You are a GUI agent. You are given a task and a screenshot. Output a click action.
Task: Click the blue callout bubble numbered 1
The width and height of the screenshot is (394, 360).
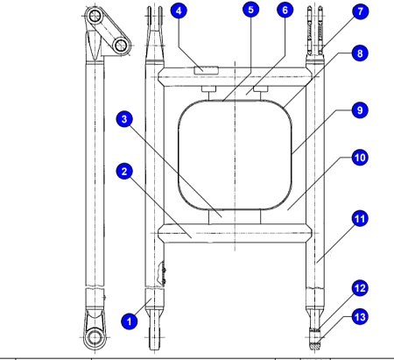(130, 321)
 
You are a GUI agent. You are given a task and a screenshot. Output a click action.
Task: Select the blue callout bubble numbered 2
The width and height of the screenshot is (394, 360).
(124, 172)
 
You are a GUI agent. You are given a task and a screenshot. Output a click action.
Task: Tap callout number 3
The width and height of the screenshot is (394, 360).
(124, 119)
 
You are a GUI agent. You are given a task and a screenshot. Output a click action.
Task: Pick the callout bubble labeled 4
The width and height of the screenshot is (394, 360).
(179, 11)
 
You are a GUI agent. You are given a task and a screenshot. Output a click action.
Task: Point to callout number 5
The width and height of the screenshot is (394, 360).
(251, 10)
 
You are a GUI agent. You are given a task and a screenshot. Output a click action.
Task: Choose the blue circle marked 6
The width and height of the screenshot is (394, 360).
(285, 11)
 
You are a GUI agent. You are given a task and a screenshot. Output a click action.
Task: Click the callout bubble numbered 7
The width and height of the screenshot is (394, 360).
(360, 11)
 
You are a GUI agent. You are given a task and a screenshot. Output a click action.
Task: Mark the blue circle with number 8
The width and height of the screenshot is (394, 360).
(360, 53)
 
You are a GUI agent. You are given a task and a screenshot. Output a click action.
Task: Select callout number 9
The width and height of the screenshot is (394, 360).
(360, 110)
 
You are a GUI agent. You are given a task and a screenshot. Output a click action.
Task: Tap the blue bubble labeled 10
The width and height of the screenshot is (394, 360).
(360, 158)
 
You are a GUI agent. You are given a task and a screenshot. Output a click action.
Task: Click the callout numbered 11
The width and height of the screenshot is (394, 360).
(360, 219)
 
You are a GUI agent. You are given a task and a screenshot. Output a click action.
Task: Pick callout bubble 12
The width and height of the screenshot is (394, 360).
(360, 288)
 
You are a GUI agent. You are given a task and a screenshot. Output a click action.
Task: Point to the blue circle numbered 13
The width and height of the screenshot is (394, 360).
(360, 317)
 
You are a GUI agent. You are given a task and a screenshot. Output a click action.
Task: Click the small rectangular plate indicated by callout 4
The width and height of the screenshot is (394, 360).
(207, 70)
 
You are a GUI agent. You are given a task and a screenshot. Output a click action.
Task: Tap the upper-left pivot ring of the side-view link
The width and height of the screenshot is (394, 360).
(95, 16)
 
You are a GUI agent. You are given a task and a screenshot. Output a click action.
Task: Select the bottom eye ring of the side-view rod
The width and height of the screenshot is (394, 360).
(95, 338)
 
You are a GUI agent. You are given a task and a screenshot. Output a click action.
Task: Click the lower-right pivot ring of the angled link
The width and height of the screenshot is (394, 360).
(121, 46)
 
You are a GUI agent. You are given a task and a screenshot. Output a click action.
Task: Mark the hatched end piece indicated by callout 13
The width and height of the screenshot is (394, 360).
(315, 346)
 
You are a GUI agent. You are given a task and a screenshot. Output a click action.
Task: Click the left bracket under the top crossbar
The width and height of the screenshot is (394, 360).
(209, 88)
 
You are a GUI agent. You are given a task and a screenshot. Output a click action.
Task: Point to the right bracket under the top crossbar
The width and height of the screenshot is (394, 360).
(261, 88)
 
